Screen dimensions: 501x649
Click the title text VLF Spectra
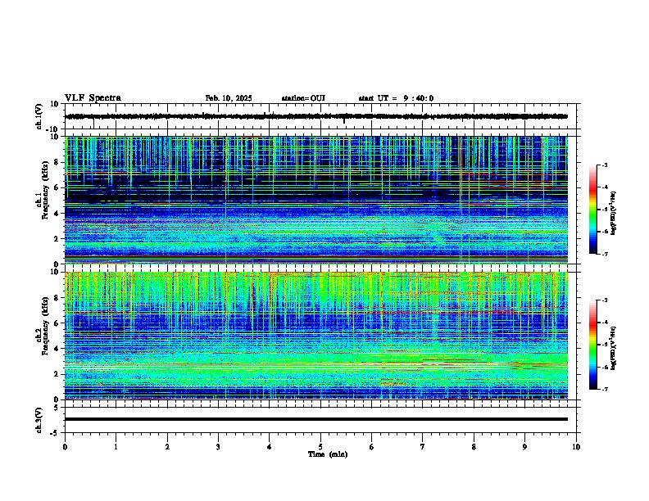coord(93,98)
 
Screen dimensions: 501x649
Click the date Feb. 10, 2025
coord(229,98)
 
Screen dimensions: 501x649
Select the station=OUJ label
coord(303,98)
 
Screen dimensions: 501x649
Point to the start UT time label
coord(396,98)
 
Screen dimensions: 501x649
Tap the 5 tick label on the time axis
coord(320,447)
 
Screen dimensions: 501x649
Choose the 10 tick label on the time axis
coord(576,447)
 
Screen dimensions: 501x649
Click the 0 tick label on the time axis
coord(65,447)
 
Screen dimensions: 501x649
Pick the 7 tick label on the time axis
coord(423,447)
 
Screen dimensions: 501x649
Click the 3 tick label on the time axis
coord(218,447)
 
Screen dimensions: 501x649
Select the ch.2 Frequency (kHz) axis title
coord(43,333)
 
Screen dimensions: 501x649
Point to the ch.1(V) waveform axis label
coord(39,116)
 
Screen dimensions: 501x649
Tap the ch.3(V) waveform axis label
coord(39,418)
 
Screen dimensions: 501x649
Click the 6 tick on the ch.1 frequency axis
coord(57,187)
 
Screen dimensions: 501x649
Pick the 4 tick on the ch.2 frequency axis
coord(57,348)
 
